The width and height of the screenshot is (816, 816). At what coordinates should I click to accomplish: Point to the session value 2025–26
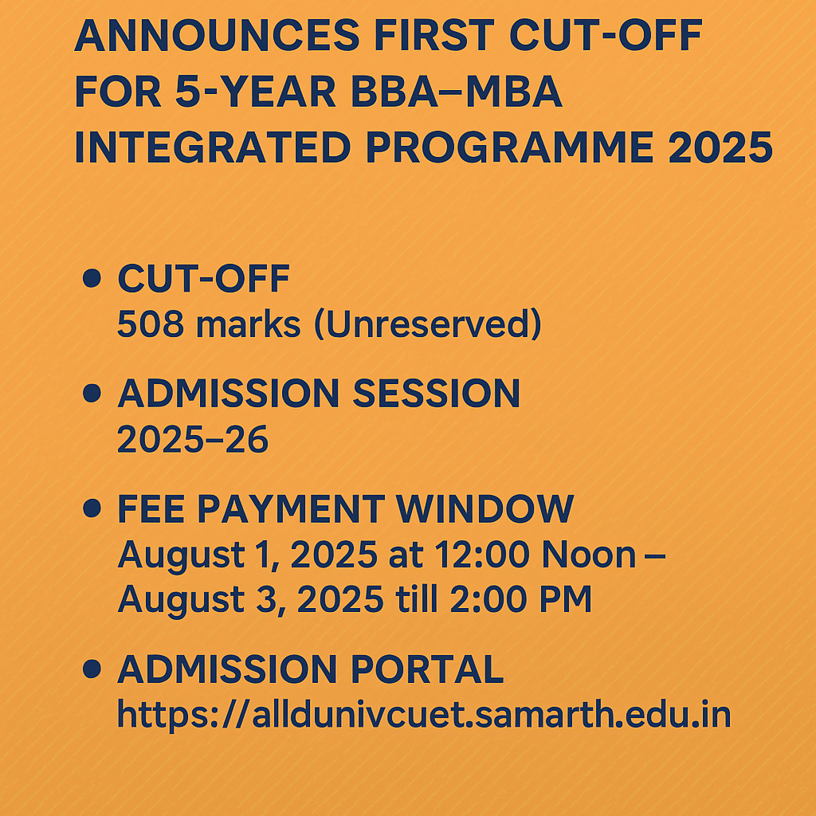click(192, 440)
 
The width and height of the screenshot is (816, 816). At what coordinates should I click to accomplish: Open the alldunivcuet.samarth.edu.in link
click(423, 715)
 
